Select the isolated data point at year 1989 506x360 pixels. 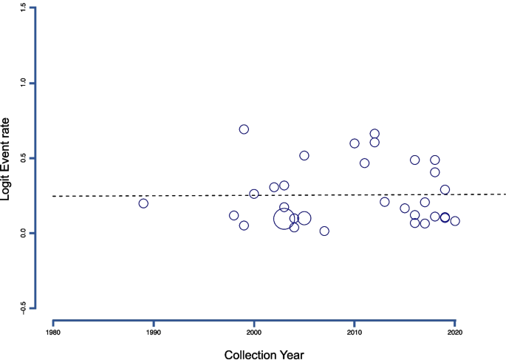pyautogui.click(x=143, y=203)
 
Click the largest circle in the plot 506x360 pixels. pyautogui.click(x=284, y=219)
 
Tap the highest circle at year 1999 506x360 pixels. pyautogui.click(x=244, y=129)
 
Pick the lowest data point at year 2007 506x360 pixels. pyautogui.click(x=324, y=231)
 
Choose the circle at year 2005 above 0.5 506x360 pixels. pyautogui.click(x=304, y=155)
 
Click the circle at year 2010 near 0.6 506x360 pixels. pyautogui.click(x=355, y=143)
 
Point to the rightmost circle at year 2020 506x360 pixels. pyautogui.click(x=455, y=221)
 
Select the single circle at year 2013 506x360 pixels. pyautogui.click(x=385, y=202)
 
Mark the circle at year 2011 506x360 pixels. pyautogui.click(x=364, y=163)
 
